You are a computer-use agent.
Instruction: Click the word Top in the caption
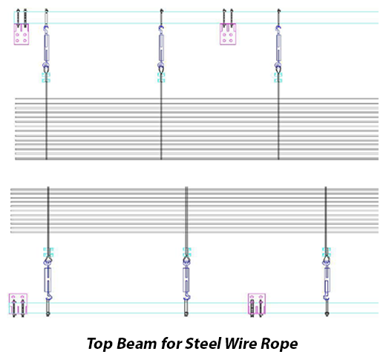[99, 344]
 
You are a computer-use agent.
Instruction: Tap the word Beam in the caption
[137, 344]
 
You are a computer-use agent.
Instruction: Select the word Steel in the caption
[203, 344]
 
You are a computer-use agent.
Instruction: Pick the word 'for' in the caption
[171, 344]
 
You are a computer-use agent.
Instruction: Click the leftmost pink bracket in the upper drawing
[22, 34]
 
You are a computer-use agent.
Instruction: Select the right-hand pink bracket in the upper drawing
[228, 34]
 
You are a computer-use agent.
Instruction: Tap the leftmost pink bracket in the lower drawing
[18, 304]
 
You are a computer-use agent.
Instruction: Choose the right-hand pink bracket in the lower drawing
[257, 304]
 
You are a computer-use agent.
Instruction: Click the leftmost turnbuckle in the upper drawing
[46, 48]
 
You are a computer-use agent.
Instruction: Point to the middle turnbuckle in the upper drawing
[161, 48]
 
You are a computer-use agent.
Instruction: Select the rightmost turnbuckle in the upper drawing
[278, 48]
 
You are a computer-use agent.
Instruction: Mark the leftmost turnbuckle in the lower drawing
[48, 280]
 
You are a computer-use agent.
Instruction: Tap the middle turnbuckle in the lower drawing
[186, 280]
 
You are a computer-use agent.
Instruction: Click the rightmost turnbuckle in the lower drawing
[327, 280]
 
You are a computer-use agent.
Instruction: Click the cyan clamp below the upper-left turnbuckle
[46, 77]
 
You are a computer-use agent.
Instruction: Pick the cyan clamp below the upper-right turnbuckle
[278, 77]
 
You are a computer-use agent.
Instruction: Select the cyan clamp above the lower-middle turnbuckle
[187, 252]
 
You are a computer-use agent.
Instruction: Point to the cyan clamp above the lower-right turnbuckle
[327, 252]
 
